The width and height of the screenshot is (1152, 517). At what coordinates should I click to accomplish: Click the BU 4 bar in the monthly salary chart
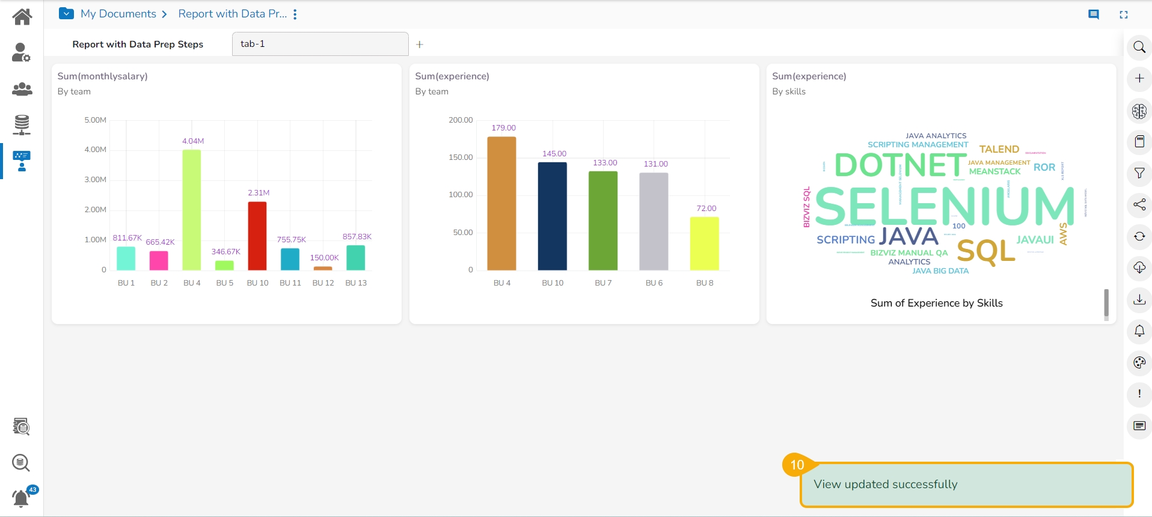click(x=192, y=210)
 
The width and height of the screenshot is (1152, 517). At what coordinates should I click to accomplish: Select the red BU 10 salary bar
click(x=257, y=236)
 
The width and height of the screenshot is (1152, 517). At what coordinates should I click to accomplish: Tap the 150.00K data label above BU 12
click(x=324, y=258)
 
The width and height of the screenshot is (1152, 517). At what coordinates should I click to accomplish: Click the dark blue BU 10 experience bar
click(x=552, y=216)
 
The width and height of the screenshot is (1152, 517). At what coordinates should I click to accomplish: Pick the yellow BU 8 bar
click(x=704, y=243)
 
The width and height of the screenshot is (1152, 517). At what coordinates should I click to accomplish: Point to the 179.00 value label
click(x=503, y=128)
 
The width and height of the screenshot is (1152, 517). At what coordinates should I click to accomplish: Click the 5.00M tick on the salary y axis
click(x=95, y=120)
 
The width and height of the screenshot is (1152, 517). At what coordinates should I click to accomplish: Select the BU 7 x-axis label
click(x=603, y=283)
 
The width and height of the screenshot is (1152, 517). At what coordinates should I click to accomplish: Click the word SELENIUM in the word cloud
click(x=944, y=206)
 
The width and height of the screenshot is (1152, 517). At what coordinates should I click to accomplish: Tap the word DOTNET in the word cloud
click(x=900, y=165)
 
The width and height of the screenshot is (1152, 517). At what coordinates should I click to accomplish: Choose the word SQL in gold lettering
click(x=986, y=251)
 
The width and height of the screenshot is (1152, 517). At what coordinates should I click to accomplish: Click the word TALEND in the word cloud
click(x=999, y=149)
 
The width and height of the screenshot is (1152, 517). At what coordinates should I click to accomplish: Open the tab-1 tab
click(x=320, y=44)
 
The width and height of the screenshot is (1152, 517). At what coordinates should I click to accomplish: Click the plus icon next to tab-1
click(x=420, y=44)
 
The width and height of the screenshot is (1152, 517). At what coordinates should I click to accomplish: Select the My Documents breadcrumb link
click(x=118, y=14)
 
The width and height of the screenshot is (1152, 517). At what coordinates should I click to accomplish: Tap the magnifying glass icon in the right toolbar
click(x=1139, y=47)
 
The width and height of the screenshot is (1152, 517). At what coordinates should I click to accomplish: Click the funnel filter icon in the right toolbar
click(x=1139, y=173)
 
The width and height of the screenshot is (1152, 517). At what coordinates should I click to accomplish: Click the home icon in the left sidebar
click(x=22, y=16)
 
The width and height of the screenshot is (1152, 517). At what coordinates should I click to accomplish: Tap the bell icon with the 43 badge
click(x=21, y=498)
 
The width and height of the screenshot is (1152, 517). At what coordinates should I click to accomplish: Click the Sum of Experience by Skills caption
click(x=936, y=303)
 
